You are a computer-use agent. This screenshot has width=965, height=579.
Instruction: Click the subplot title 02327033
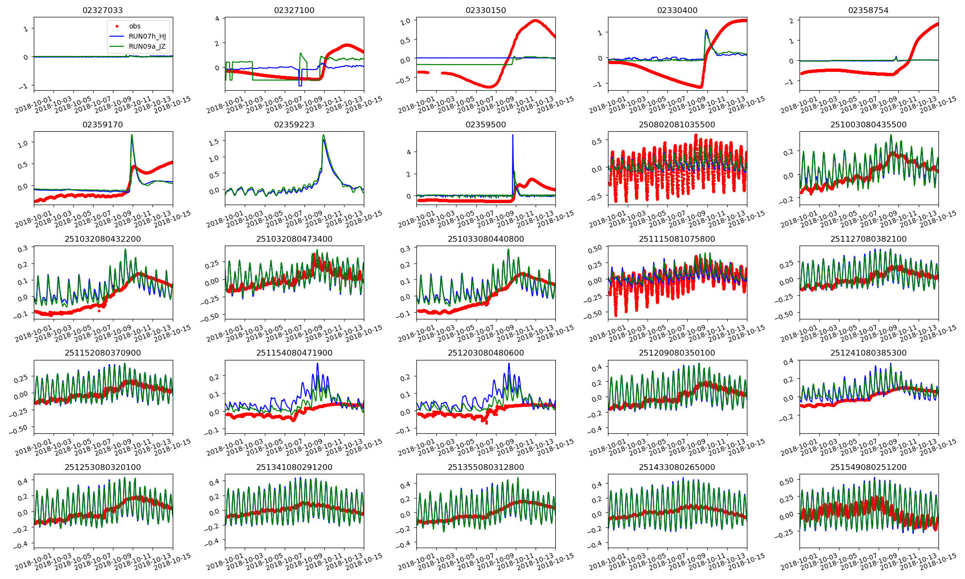click(x=103, y=10)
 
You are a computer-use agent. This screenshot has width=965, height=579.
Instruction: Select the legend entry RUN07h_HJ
click(x=147, y=36)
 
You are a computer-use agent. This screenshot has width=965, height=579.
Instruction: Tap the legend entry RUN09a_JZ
click(x=147, y=46)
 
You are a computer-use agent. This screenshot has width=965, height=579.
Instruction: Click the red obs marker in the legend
click(x=117, y=26)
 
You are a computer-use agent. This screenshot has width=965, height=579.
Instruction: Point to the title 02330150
click(x=485, y=10)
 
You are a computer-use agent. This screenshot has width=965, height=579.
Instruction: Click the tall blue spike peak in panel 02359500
click(x=512, y=135)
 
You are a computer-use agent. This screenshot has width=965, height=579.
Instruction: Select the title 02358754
click(x=868, y=10)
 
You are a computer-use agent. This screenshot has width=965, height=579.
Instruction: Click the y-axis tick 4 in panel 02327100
click(x=218, y=19)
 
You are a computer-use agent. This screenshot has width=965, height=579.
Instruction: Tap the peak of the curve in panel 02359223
click(x=323, y=135)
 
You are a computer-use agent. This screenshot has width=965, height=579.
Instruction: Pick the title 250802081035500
click(x=677, y=124)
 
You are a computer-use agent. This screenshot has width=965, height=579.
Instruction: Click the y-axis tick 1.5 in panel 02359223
click(x=214, y=141)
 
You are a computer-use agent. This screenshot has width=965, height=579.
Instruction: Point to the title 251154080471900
click(x=294, y=353)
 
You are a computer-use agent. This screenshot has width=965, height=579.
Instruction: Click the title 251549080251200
click(x=868, y=467)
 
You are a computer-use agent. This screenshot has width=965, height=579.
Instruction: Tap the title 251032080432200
click(x=103, y=239)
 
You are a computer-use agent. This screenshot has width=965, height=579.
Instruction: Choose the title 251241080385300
click(x=868, y=353)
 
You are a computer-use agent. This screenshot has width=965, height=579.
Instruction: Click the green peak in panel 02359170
click(x=132, y=135)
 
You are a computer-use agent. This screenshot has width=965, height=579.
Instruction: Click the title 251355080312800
click(x=485, y=467)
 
